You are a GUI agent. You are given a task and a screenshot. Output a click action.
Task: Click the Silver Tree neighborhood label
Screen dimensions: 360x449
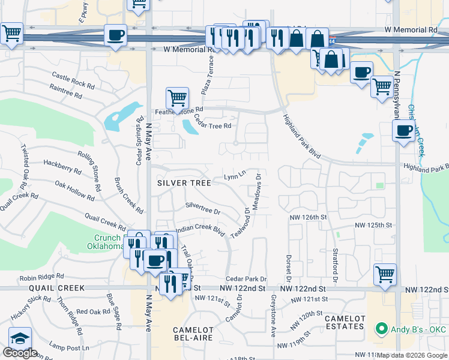tap(184, 183)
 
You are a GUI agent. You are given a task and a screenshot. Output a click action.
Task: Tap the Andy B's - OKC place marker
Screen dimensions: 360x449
tap(380, 329)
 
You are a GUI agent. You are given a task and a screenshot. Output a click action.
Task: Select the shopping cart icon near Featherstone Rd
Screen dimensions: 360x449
tap(177, 97)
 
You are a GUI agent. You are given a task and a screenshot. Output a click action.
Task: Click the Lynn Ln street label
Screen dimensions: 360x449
tap(235, 176)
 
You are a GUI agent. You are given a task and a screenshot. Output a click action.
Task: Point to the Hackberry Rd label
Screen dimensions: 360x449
tap(62, 166)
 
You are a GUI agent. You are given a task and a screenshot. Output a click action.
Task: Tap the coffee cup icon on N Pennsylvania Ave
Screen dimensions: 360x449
tap(403, 130)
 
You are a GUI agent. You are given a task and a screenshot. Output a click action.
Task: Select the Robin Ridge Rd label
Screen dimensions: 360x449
tap(41, 277)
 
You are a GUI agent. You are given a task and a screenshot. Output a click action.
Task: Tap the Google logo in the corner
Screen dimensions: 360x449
tap(20, 353)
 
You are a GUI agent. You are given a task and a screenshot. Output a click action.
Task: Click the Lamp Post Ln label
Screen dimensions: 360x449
tap(69, 347)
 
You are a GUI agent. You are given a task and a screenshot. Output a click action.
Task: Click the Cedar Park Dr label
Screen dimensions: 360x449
tap(246, 279)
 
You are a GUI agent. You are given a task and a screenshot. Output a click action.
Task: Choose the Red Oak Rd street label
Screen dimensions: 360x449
tap(91, 311)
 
